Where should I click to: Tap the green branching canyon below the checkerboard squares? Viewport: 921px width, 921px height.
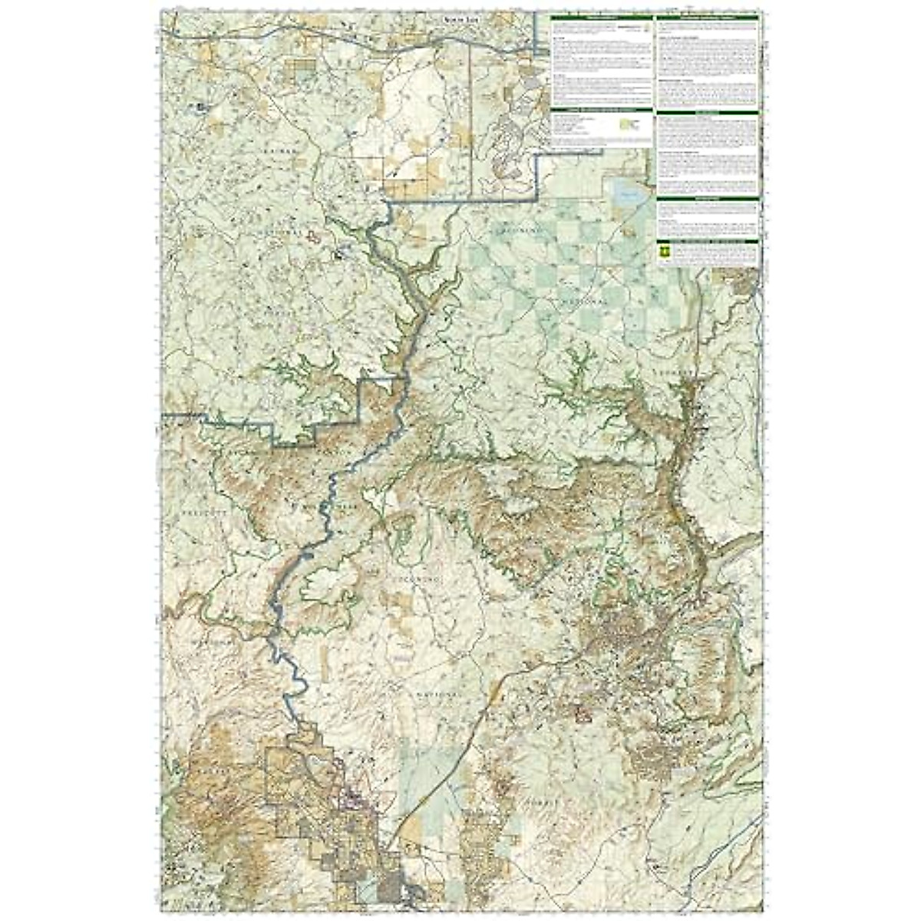[576, 384]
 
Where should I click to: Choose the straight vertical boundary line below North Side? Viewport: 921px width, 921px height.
[470, 115]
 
